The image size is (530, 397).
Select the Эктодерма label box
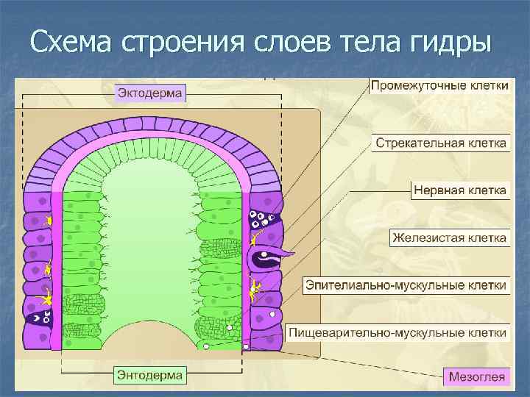pyautogui.click(x=151, y=93)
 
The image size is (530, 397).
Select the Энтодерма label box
pyautogui.click(x=150, y=375)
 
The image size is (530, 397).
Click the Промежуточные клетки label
pyautogui.click(x=439, y=86)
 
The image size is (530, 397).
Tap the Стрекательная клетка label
pyautogui.click(x=441, y=141)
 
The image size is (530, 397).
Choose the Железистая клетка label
pyautogui.click(x=449, y=237)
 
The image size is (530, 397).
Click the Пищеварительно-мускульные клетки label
pyautogui.click(x=397, y=332)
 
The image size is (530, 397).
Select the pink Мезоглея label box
pyautogui.click(x=477, y=378)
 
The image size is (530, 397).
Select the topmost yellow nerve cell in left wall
pyautogui.click(x=49, y=221)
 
